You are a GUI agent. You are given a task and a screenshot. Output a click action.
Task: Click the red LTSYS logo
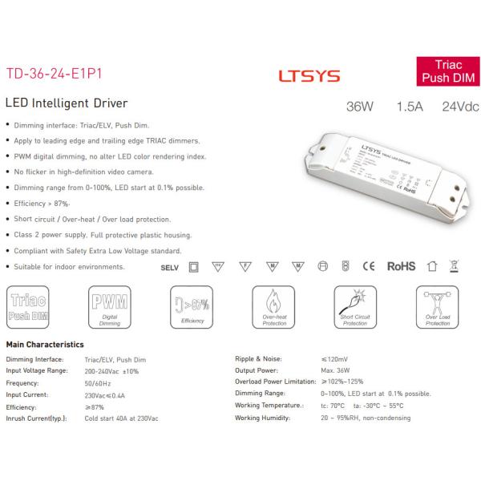click(309, 76)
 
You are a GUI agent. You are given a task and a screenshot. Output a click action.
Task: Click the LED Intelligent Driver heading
click(67, 103)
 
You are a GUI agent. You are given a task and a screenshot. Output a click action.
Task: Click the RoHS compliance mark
click(401, 265)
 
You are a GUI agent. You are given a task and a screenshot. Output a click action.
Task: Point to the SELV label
click(169, 266)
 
